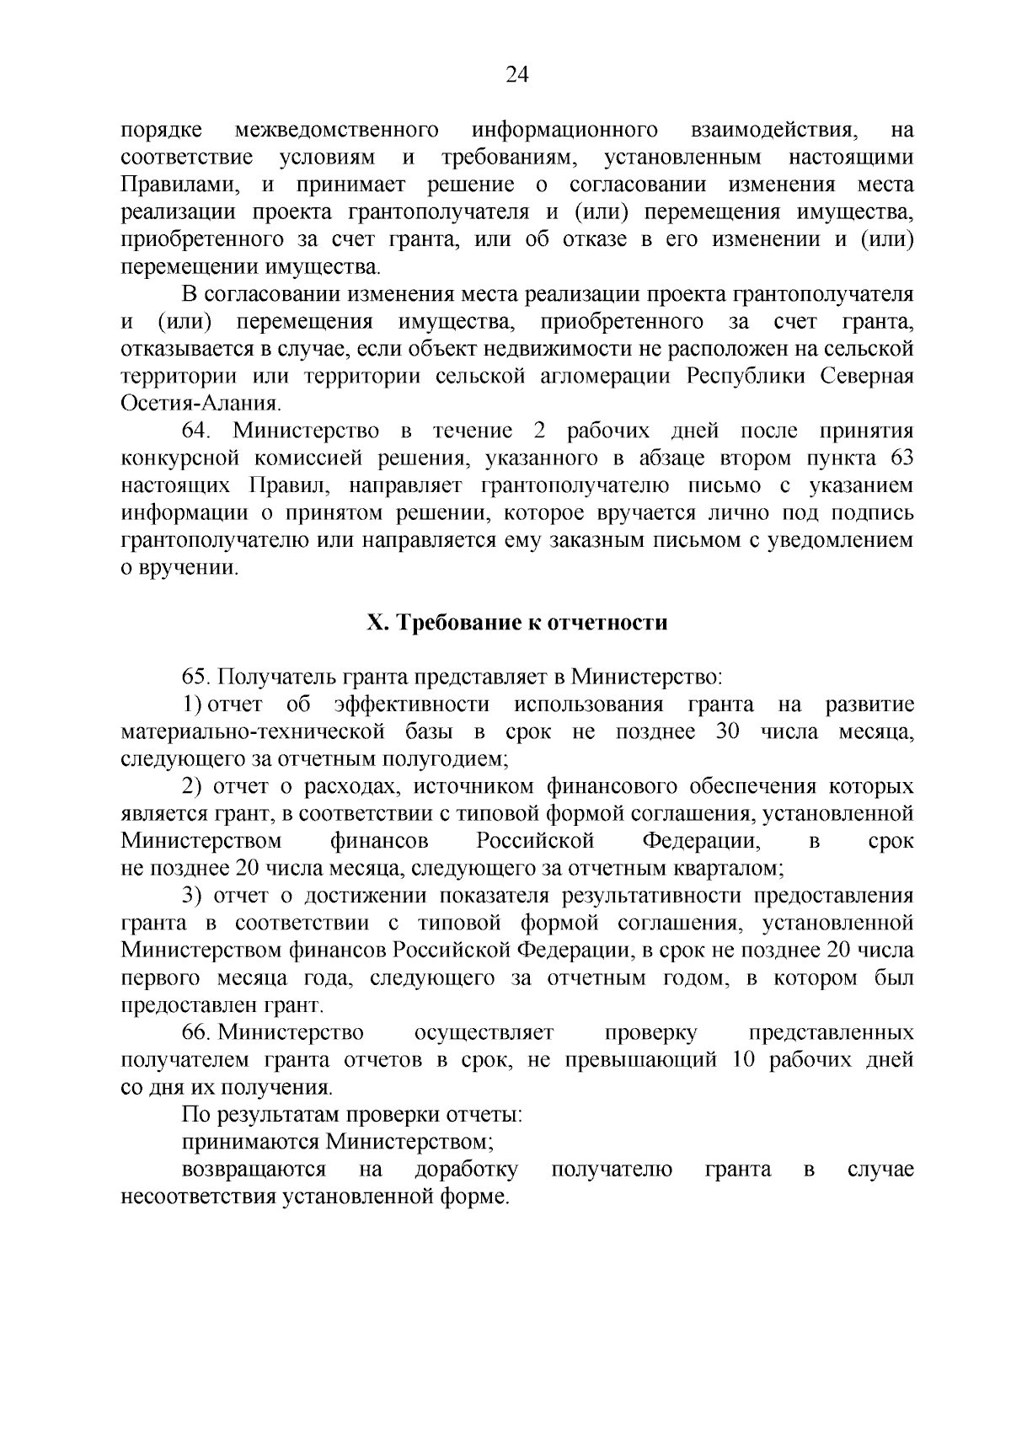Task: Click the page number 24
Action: pos(516,76)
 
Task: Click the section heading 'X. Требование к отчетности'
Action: pos(516,623)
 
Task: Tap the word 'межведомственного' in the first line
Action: pos(336,131)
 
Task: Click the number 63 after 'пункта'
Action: pos(901,458)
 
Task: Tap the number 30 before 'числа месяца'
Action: pos(727,731)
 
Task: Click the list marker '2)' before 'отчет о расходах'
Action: pos(193,786)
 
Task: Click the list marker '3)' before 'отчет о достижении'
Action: pos(193,896)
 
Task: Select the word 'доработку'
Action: pos(466,1170)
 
